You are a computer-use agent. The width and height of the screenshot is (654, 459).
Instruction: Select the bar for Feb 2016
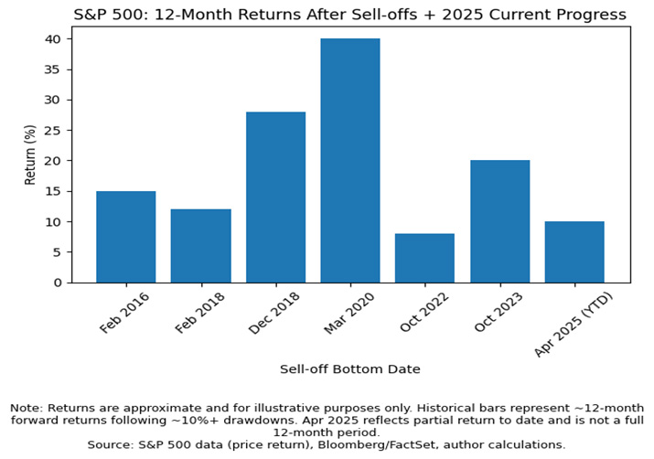(x=125, y=237)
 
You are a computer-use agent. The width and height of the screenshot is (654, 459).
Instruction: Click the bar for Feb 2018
(x=200, y=246)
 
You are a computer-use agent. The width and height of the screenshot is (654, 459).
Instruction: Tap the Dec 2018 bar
(x=275, y=197)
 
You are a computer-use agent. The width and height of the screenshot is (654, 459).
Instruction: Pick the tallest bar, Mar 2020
(x=350, y=160)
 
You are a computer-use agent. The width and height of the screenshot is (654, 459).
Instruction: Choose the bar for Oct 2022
(x=424, y=258)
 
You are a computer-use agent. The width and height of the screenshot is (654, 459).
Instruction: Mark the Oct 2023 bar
(x=499, y=221)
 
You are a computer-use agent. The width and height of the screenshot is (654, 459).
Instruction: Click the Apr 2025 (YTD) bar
(x=574, y=251)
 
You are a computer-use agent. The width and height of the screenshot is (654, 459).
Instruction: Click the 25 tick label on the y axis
(x=54, y=131)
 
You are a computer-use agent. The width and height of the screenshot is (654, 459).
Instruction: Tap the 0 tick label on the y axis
(x=58, y=283)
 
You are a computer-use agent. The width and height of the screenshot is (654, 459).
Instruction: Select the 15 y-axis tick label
(x=54, y=191)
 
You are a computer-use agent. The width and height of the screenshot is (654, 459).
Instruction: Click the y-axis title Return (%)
(x=30, y=155)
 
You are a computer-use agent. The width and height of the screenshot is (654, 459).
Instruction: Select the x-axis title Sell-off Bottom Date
(x=349, y=368)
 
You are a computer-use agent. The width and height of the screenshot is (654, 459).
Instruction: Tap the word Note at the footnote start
(x=26, y=407)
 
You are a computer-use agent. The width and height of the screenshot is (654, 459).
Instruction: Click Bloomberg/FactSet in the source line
(x=360, y=444)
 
